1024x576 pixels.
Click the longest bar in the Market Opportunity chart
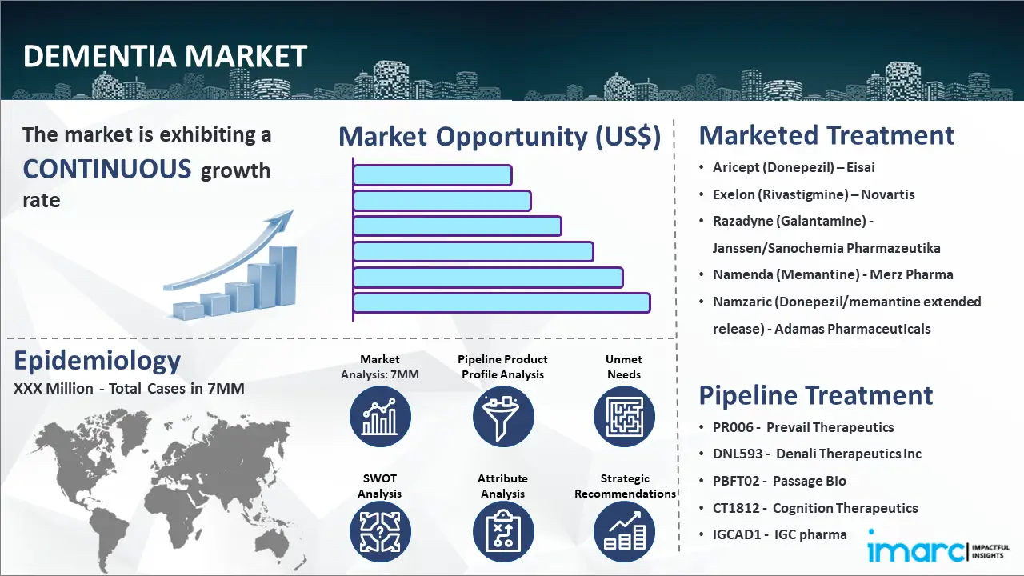coord(502,303)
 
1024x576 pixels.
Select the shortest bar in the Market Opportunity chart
coord(433,175)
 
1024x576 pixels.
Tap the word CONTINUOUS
coord(107,169)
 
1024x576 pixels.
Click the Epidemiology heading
coord(98,361)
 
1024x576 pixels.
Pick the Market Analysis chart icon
coord(380,417)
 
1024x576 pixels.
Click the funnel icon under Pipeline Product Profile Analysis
coord(503,417)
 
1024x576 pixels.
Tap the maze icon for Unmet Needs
coord(624,417)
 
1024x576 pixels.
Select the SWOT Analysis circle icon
coord(380,532)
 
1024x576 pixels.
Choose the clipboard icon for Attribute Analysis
coord(503,532)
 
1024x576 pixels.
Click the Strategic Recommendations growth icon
coord(624,532)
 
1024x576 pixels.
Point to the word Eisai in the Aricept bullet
coord(860,167)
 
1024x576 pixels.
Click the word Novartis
coord(888,194)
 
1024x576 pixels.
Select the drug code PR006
coord(733,427)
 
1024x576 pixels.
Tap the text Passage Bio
coord(809,481)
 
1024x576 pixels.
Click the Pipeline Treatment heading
coord(815,395)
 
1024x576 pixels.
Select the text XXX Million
coord(54,389)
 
